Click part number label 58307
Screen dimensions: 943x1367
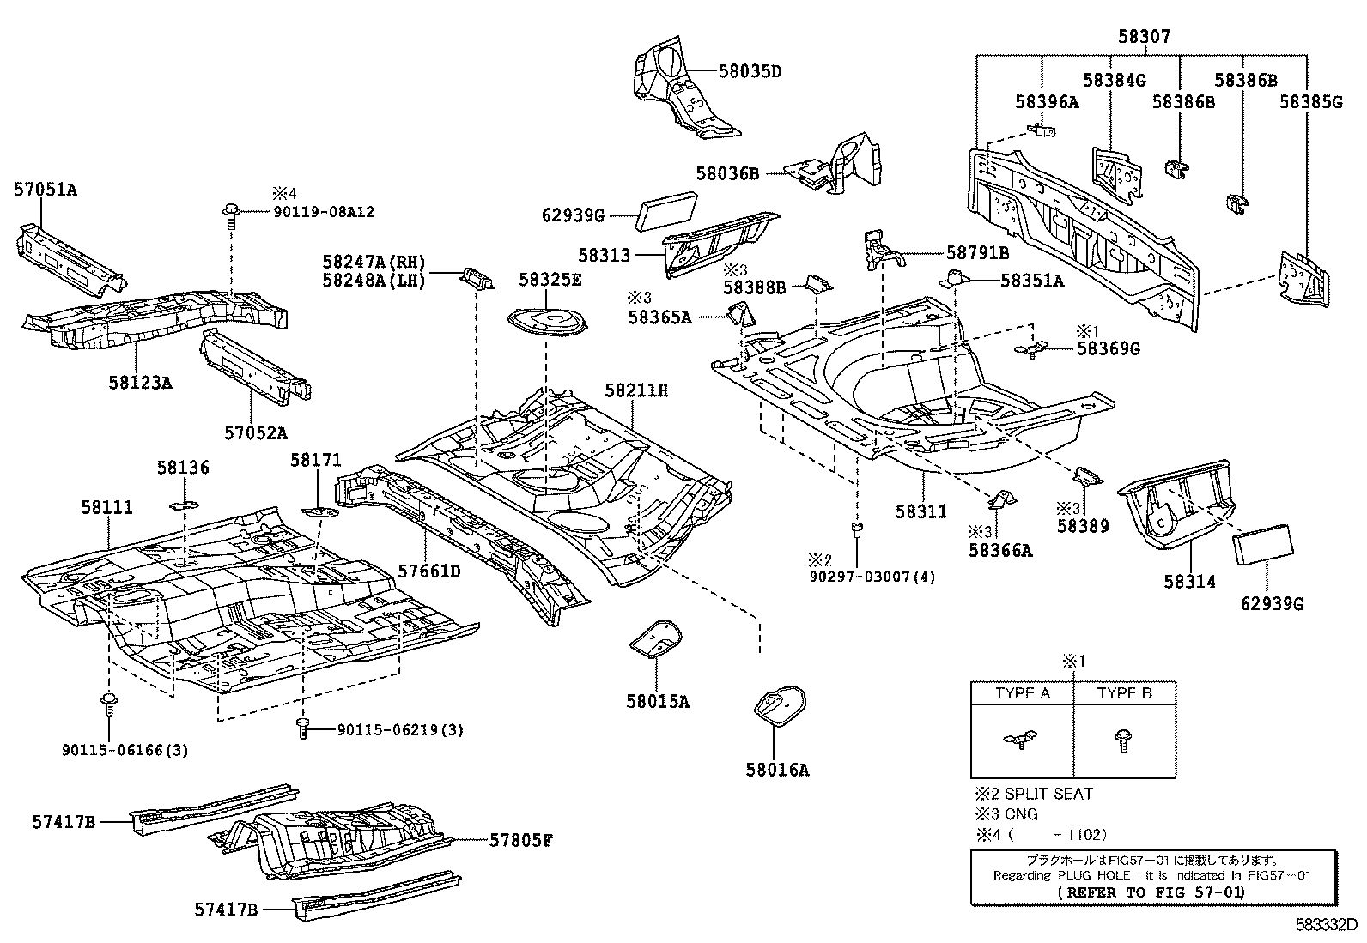(1143, 37)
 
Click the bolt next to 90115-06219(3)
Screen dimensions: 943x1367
(301, 728)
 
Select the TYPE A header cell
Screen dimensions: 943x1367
(1022, 693)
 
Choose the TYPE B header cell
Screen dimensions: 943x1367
(1124, 693)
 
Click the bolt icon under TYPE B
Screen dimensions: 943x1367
(1123, 740)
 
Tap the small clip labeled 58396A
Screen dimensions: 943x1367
(1042, 130)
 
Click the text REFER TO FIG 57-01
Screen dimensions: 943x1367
(1152, 892)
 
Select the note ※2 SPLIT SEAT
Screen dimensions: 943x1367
(1033, 794)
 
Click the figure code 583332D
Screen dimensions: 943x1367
(1326, 926)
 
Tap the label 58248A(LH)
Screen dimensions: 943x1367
(374, 281)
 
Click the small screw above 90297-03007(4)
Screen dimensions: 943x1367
(856, 530)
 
